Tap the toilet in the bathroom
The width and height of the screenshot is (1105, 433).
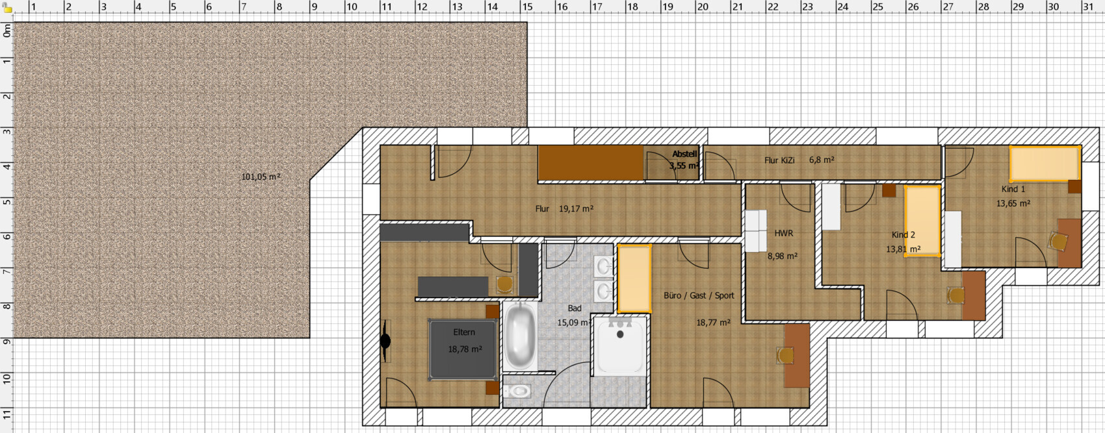517,391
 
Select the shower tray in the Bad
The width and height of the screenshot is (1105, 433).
620,346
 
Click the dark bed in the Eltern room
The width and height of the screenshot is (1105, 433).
463,350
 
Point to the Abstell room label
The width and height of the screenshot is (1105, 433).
684,155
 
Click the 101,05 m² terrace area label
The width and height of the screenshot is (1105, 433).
261,177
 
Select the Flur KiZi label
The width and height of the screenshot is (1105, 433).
779,160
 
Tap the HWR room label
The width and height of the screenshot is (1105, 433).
783,233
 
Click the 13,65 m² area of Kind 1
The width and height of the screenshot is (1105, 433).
1013,203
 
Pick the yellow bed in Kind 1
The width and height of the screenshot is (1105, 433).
1045,164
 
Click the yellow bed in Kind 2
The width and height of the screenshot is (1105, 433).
922,221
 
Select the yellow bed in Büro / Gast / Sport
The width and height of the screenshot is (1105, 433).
634,278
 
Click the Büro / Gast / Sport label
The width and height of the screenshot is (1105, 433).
699,295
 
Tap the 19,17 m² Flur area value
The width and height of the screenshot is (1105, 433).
576,209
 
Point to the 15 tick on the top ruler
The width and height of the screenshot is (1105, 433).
527,7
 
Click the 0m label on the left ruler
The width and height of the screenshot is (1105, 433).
6,32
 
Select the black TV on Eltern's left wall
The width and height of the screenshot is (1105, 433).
385,341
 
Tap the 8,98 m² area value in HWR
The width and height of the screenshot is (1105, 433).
783,256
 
